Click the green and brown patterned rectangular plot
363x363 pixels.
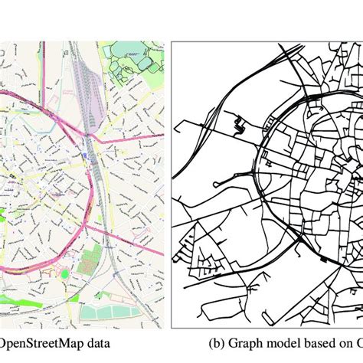pos(90,261)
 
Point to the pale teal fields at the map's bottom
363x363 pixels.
pos(115,311)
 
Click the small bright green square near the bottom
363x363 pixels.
pos(65,273)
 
